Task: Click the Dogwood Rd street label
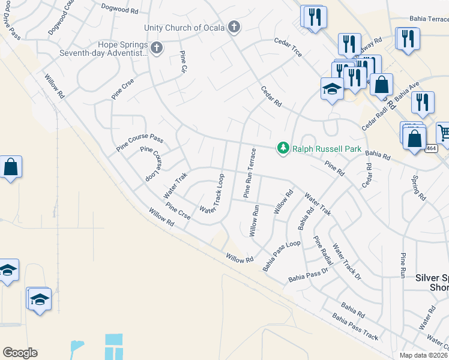pyautogui.click(x=119, y=10)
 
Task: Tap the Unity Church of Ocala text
pyautogui.click(x=184, y=28)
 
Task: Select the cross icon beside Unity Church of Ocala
pyautogui.click(x=234, y=27)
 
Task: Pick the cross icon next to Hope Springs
pyautogui.click(x=157, y=47)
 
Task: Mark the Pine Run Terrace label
pyautogui.click(x=250, y=173)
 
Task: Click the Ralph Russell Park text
pyautogui.click(x=318, y=148)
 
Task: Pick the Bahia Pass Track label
pyautogui.click(x=355, y=328)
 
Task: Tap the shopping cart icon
pyautogui.click(x=444, y=132)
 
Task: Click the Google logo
pyautogui.click(x=20, y=353)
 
